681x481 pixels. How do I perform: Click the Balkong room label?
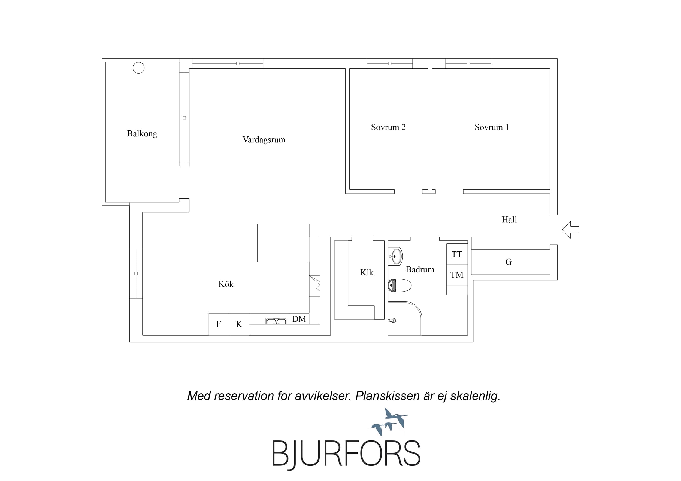(142, 134)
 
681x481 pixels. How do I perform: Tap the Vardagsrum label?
(264, 140)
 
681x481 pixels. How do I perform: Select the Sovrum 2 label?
(388, 127)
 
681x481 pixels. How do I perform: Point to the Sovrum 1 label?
(492, 127)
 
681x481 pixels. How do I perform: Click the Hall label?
(509, 220)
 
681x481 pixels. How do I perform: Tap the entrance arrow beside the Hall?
(571, 230)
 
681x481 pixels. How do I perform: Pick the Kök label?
(226, 284)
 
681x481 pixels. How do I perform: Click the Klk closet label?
(367, 273)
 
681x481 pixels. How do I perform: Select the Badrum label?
(420, 269)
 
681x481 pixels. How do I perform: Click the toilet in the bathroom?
(399, 285)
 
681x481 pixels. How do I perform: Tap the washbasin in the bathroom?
(395, 256)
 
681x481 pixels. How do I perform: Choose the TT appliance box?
(457, 254)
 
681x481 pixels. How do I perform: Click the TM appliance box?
(457, 275)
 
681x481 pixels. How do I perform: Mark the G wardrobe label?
(509, 262)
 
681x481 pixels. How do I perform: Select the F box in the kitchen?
(219, 324)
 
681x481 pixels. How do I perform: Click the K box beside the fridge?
(239, 324)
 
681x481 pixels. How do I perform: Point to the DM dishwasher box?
(299, 319)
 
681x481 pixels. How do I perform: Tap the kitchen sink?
(276, 321)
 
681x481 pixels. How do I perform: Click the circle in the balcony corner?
(138, 68)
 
